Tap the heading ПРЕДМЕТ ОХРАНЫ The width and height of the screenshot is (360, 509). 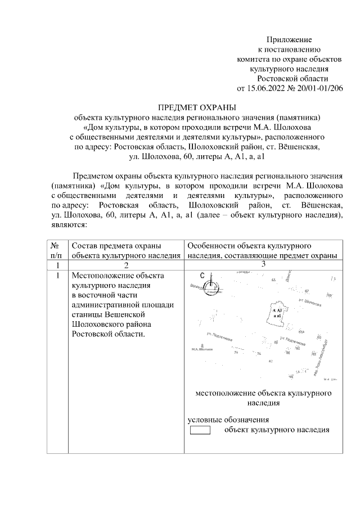pyautogui.click(x=197, y=107)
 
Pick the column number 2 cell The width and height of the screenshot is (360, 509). pyautogui.click(x=126, y=265)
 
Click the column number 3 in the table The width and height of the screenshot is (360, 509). pyautogui.click(x=263, y=264)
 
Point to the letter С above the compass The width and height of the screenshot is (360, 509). pyautogui.click(x=202, y=274)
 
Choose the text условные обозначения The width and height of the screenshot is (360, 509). pyautogui.click(x=228, y=420)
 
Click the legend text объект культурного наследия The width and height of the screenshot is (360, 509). pyautogui.click(x=276, y=430)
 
